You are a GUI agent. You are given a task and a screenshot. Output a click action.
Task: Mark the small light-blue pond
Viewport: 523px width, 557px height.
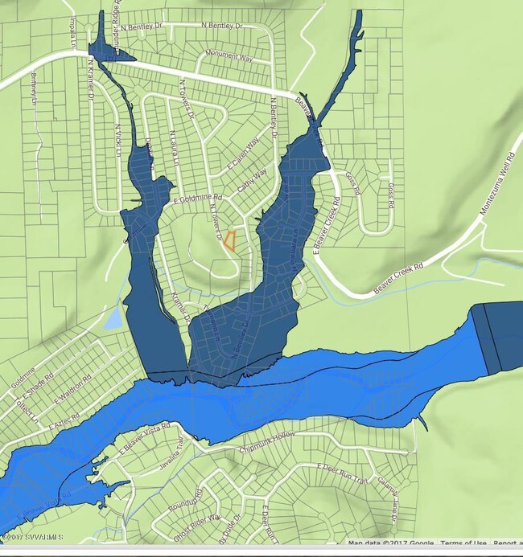pos(113,319)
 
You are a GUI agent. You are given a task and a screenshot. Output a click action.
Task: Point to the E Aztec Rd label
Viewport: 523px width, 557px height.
pos(65,421)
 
